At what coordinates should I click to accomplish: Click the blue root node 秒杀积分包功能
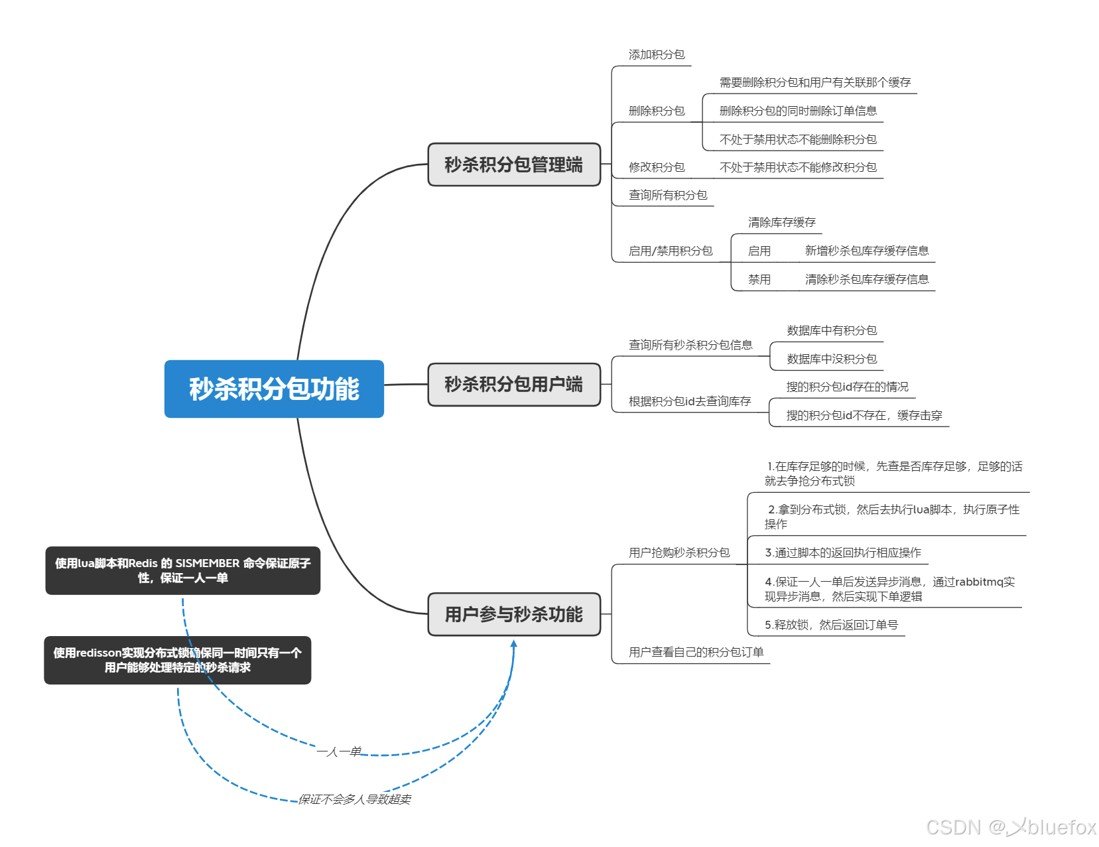[274, 389]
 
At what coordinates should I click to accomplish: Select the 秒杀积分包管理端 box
[514, 164]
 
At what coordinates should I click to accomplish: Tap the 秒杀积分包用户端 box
[514, 385]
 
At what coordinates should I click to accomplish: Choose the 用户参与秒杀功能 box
[514, 614]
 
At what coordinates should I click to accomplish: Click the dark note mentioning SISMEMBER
[182, 570]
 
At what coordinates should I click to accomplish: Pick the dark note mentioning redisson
[177, 660]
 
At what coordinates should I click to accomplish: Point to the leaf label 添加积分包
[657, 55]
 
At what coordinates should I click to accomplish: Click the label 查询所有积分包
[668, 195]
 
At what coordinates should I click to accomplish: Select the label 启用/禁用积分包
[671, 251]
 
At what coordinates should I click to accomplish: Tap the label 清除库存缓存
[782, 222]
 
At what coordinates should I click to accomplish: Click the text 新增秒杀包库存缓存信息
[867, 251]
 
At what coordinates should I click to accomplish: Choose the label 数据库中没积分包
[832, 359]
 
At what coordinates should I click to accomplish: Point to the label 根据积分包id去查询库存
[690, 401]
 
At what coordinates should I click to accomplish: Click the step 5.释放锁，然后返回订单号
[831, 625]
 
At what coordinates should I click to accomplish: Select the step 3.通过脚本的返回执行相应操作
[843, 553]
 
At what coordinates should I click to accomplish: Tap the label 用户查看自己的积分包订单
[696, 652]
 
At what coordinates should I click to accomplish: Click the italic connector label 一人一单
[339, 751]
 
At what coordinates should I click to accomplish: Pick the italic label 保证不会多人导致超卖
[355, 799]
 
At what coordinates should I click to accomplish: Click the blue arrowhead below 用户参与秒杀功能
[513, 643]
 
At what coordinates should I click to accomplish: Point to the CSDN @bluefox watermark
[1011, 827]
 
